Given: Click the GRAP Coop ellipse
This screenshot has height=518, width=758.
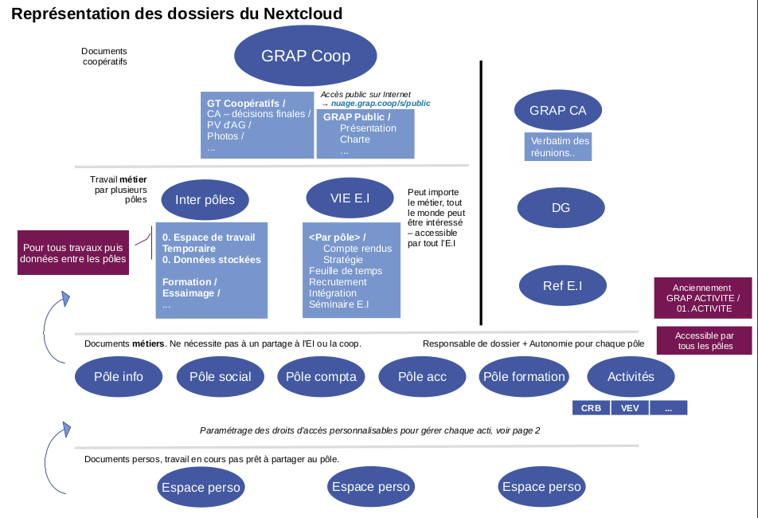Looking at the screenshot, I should (x=306, y=56).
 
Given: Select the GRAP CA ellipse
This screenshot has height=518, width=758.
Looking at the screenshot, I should (x=557, y=111).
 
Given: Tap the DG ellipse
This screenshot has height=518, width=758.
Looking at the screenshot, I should (x=561, y=208).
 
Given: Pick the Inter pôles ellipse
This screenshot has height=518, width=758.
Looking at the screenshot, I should (x=205, y=200).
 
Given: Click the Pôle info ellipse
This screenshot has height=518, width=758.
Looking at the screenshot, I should (x=118, y=377).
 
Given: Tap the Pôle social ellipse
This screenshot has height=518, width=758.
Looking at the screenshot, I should (x=220, y=377).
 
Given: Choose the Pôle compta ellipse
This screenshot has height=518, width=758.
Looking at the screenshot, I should (x=321, y=377).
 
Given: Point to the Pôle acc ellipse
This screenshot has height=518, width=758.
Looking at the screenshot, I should (x=422, y=377).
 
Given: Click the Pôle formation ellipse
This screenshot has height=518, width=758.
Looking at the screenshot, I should (x=524, y=377).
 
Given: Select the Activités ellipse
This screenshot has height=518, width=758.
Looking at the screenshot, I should (x=631, y=377).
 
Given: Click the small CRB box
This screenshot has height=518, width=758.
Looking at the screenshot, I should (x=591, y=408).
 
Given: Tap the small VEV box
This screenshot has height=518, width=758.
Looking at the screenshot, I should (x=629, y=408).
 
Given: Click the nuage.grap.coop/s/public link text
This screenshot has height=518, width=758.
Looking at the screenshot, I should (x=380, y=103).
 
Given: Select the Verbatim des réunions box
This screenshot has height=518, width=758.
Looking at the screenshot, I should (x=559, y=147).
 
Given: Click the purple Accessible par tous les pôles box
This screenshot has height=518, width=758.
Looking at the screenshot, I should (x=704, y=341).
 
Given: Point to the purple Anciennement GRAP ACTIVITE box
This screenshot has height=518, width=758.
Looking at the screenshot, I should (x=703, y=298).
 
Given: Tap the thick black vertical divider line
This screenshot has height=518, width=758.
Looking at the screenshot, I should (x=481, y=191).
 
